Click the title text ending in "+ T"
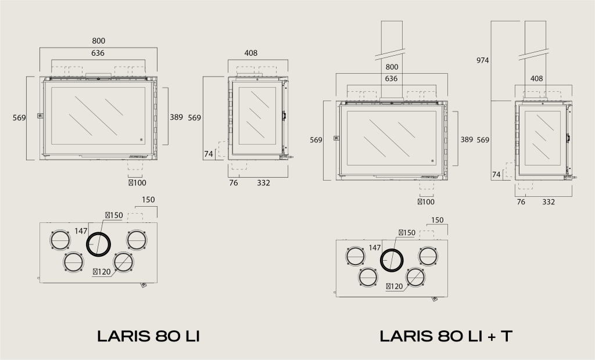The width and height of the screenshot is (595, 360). point(446,336)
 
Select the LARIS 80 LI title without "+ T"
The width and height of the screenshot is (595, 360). point(148,336)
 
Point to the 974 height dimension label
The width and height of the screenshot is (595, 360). point(482,60)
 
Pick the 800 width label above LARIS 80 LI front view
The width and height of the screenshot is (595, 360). point(98,41)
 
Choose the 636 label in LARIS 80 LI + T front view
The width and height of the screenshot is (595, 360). point(391,78)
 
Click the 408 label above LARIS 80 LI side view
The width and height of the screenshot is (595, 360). point(251,53)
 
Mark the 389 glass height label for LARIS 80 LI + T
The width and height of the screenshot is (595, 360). point(467,140)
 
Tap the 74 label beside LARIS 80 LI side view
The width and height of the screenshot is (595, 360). point(209,154)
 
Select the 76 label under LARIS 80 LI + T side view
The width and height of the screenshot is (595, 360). point(521,202)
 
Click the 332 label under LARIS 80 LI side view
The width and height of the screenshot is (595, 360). point(264,183)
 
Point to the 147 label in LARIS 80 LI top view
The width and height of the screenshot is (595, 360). point(81,231)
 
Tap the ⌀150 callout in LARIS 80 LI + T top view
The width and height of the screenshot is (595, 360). point(407,232)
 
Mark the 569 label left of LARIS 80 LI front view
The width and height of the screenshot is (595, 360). point(19,118)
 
